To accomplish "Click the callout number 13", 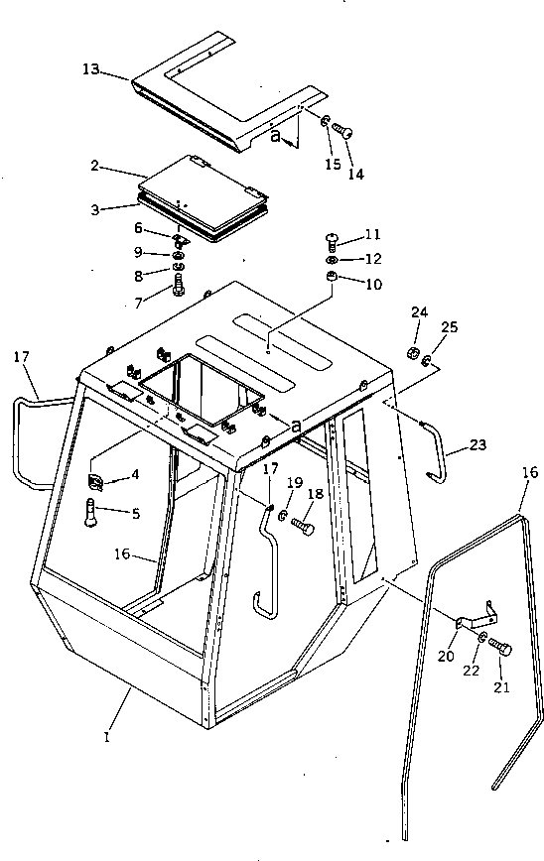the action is pyautogui.click(x=90, y=69).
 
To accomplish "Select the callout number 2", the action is pyautogui.click(x=94, y=166).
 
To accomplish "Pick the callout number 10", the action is pyautogui.click(x=373, y=285).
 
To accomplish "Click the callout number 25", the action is pyautogui.click(x=449, y=327).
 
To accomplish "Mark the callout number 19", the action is pyautogui.click(x=295, y=483).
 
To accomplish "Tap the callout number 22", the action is pyautogui.click(x=471, y=671).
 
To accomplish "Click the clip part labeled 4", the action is pyautogui.click(x=95, y=481).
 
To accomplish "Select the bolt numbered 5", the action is pyautogui.click(x=91, y=512).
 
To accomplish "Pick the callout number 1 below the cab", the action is pyautogui.click(x=107, y=736).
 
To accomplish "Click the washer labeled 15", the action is pyautogui.click(x=326, y=121).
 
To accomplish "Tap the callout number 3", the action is pyautogui.click(x=95, y=210).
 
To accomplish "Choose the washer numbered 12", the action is pyautogui.click(x=332, y=259).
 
